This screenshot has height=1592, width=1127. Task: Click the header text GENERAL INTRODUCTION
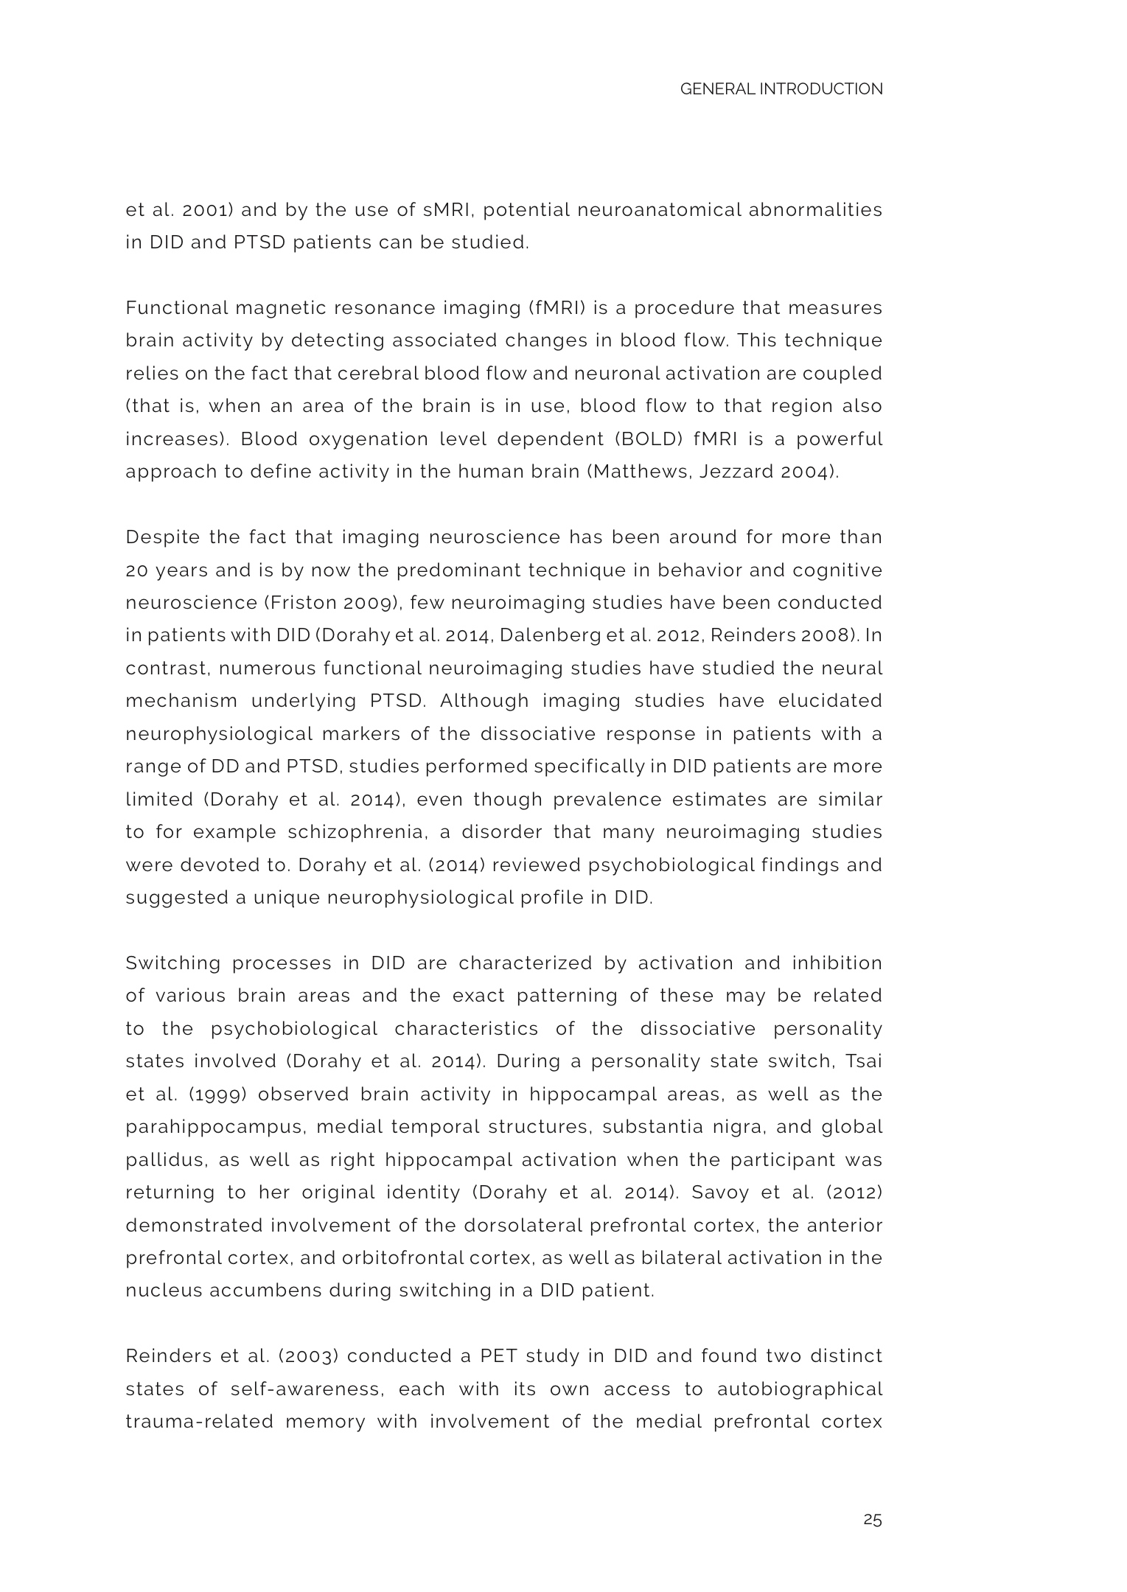pos(781,89)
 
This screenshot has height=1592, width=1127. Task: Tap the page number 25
pos(872,1520)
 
